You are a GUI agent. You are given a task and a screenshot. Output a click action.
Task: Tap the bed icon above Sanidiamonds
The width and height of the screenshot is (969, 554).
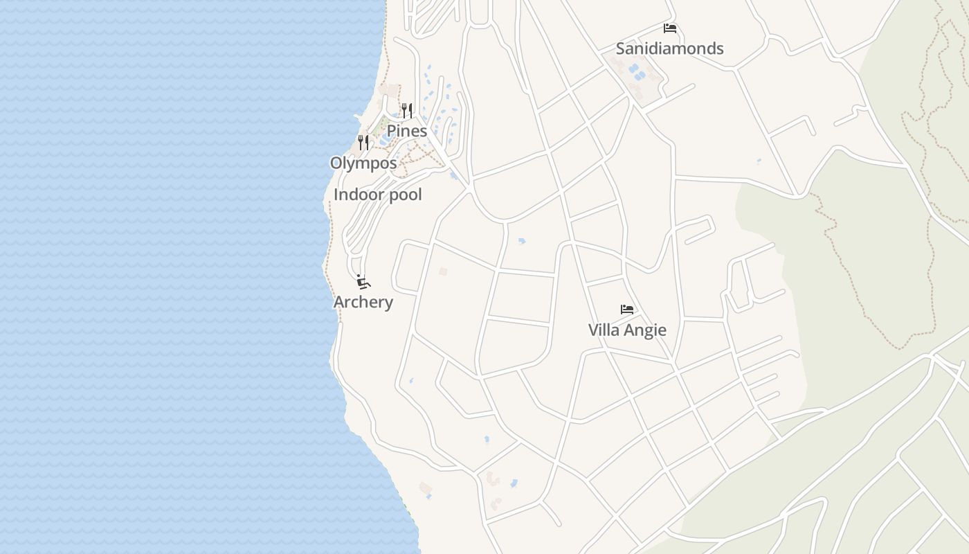click(669, 28)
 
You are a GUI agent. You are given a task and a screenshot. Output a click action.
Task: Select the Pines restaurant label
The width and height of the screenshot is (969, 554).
click(406, 131)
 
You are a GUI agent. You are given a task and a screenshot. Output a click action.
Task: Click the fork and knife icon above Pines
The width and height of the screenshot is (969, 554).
click(406, 110)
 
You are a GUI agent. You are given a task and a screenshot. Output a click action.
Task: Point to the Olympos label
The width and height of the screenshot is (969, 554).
click(363, 163)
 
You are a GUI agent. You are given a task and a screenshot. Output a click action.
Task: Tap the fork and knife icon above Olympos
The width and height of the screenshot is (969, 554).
click(363, 143)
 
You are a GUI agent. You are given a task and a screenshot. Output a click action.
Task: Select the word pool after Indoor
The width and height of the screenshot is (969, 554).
click(403, 195)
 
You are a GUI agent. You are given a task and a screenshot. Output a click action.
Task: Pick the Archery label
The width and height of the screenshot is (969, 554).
click(363, 302)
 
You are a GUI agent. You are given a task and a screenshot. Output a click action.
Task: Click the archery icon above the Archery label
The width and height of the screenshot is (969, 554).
click(363, 282)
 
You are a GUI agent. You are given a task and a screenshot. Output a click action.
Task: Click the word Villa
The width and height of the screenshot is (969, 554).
click(604, 330)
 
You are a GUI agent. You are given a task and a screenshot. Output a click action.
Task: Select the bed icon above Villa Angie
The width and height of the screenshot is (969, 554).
click(626, 310)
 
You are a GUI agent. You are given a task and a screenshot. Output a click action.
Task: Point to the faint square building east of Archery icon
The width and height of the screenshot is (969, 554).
click(443, 271)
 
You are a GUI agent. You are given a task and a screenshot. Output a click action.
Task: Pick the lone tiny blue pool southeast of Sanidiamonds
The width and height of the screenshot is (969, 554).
click(759, 161)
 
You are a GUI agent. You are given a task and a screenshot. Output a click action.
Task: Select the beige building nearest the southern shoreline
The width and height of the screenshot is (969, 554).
click(426, 489)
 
